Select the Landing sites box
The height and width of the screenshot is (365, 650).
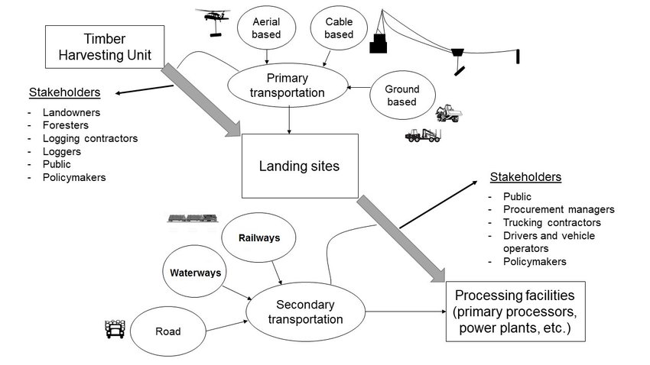click(300, 165)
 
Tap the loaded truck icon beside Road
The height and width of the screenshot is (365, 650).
click(114, 328)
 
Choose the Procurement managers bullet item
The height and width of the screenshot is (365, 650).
click(558, 209)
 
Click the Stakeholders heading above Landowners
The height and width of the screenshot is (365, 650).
click(64, 93)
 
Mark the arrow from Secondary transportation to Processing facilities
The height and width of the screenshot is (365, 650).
click(405, 312)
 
